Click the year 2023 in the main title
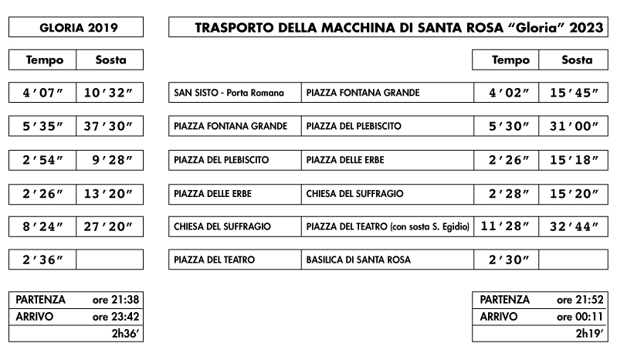[x=585, y=28]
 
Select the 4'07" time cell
[x=43, y=93]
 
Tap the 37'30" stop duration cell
[x=109, y=126]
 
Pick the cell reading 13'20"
[x=109, y=193]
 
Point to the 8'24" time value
[x=43, y=226]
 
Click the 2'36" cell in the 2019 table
[x=43, y=260]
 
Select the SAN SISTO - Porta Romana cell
[x=235, y=93]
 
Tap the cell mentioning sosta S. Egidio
[x=387, y=226]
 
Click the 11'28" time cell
[x=506, y=226]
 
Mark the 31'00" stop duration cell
[x=572, y=126]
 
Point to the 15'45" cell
[x=572, y=93]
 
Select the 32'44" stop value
[x=572, y=226]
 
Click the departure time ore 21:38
[x=116, y=300]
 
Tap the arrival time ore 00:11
[x=580, y=317]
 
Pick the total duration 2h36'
[x=125, y=334]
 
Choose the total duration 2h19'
[x=588, y=334]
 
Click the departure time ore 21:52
[x=580, y=300]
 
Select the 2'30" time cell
[x=506, y=260]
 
